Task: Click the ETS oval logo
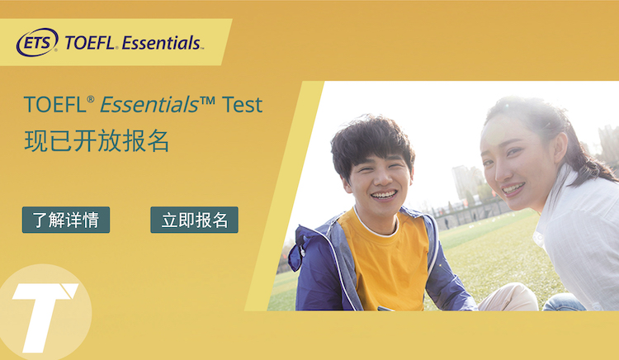[x=37, y=42]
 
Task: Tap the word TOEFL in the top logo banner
[x=90, y=43]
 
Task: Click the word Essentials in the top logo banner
[x=161, y=43]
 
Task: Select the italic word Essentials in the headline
[x=149, y=105]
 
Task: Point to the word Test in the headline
[x=242, y=105]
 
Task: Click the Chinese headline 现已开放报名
[x=97, y=141]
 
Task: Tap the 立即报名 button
[x=194, y=220]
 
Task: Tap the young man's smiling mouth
[x=384, y=195]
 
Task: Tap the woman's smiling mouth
[x=513, y=189]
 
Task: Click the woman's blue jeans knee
[x=563, y=302]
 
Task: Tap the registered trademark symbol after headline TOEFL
[x=91, y=99]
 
